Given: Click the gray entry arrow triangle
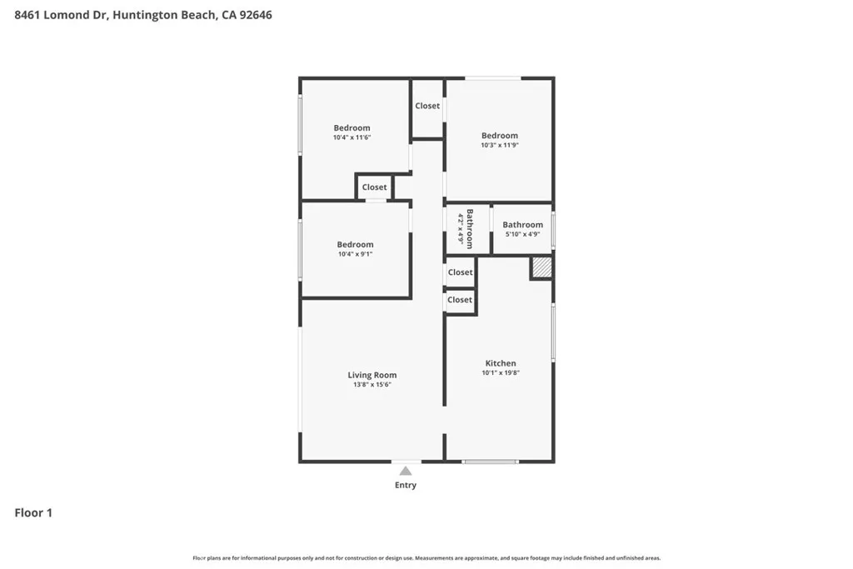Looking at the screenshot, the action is pyautogui.click(x=406, y=471).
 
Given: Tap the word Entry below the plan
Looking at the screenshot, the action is pyautogui.click(x=406, y=485).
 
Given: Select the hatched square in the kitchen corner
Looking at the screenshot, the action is pyautogui.click(x=541, y=267).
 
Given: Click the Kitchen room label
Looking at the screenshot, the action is pyautogui.click(x=501, y=363).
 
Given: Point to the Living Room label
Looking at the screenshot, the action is pyautogui.click(x=372, y=376).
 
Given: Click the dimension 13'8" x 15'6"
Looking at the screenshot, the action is pyautogui.click(x=372, y=385).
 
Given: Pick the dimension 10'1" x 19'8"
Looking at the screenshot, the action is pyautogui.click(x=501, y=372).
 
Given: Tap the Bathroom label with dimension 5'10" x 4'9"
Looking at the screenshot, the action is pyautogui.click(x=523, y=225).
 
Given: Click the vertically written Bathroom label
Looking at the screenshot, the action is pyautogui.click(x=470, y=228).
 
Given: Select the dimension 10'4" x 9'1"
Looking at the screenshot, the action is pyautogui.click(x=355, y=254).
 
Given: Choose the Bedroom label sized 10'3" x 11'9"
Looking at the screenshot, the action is pyautogui.click(x=500, y=136).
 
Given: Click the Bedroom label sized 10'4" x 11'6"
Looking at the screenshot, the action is pyautogui.click(x=352, y=128).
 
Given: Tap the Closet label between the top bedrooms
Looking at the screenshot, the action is pyautogui.click(x=427, y=106).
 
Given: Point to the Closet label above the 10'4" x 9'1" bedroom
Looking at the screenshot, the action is pyautogui.click(x=375, y=187).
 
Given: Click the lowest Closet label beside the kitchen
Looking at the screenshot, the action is pyautogui.click(x=460, y=300).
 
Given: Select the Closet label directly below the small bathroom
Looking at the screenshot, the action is pyautogui.click(x=460, y=272).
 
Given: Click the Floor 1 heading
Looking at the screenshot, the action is pyautogui.click(x=33, y=513).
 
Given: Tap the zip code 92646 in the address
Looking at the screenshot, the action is pyautogui.click(x=256, y=15).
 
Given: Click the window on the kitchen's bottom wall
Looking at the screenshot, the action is pyautogui.click(x=490, y=462).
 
